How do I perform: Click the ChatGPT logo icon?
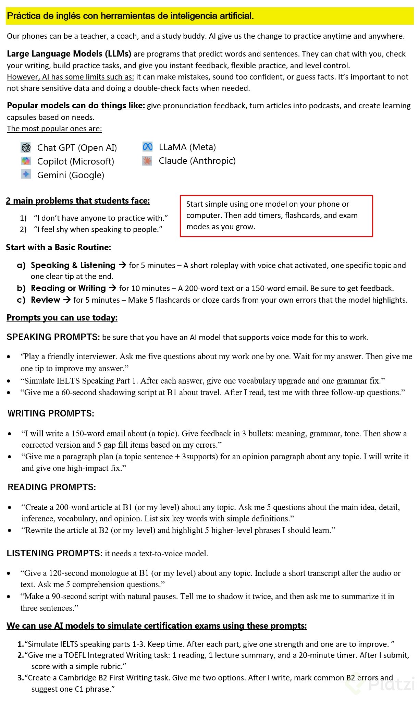pyautogui.click(x=26, y=147)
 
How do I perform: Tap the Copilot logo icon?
pyautogui.click(x=26, y=161)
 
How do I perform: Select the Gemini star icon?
pyautogui.click(x=26, y=174)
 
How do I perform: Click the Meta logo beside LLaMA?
pyautogui.click(x=147, y=147)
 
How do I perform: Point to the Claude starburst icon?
pyautogui.click(x=147, y=161)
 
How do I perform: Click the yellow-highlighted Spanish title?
pyautogui.click(x=130, y=16)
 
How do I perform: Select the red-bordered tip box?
pyautogui.click(x=276, y=216)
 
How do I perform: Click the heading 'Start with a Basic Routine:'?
pyautogui.click(x=58, y=247)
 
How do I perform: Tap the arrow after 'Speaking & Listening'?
pyautogui.click(x=122, y=265)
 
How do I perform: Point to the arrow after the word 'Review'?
pyautogui.click(x=67, y=300)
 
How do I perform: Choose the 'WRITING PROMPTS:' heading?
pyautogui.click(x=51, y=413)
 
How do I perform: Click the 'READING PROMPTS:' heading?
pyautogui.click(x=52, y=487)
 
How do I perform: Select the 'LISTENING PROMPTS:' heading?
pyautogui.click(x=54, y=553)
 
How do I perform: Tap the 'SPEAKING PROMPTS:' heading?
pyautogui.click(x=53, y=337)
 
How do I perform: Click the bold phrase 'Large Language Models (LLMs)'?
pyautogui.click(x=69, y=54)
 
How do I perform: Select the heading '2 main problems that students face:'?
pyautogui.click(x=78, y=201)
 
